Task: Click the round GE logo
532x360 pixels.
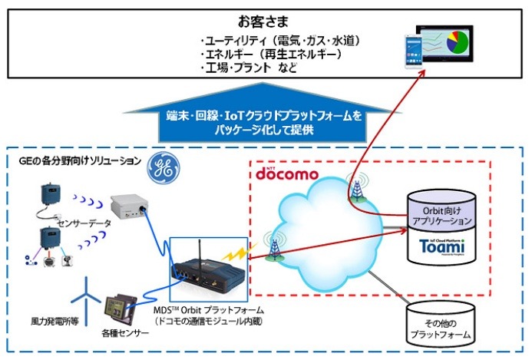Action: pos(164,167)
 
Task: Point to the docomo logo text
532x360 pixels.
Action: pos(286,174)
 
